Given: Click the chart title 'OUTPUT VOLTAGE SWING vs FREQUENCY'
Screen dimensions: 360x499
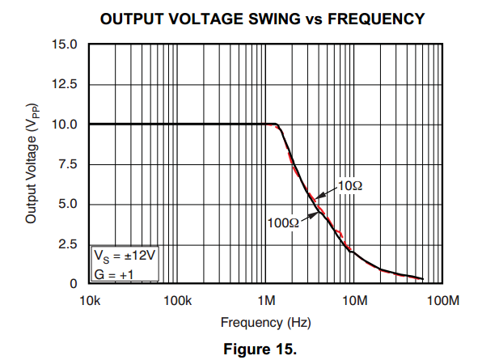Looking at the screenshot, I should pos(262,18).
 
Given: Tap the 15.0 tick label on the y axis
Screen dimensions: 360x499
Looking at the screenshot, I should pos(66,44).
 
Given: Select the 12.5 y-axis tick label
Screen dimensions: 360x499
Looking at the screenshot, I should pos(66,84).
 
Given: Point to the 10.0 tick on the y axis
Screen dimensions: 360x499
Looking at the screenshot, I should pos(66,125).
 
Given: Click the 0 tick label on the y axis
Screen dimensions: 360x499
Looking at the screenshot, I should pos(74,284).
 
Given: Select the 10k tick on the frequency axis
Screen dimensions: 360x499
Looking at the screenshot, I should pos(89,301).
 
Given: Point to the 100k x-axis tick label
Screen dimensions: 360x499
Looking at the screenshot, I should pos(177,301).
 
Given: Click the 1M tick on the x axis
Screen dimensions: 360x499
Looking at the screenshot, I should pos(266,301).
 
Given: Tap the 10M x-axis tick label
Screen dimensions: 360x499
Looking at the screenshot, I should pos(355,301).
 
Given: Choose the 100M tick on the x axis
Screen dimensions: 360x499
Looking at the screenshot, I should pos(443,301).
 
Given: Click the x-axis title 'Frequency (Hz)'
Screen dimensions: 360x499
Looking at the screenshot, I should pos(266,323).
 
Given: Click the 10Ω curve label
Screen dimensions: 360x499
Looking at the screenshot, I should pos(349,186).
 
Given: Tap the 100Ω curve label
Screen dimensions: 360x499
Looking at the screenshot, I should pos(283,220).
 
